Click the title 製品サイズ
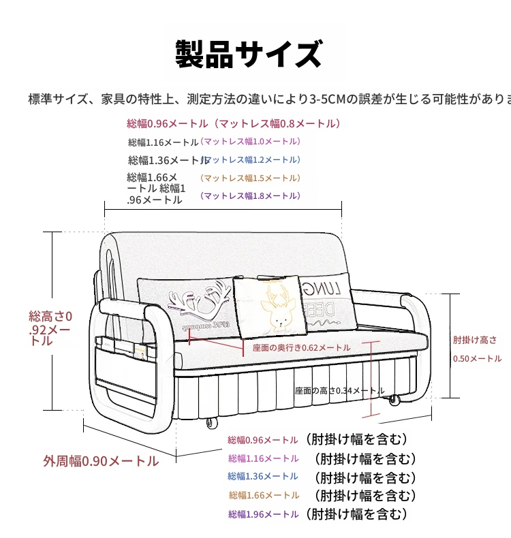[x=249, y=54]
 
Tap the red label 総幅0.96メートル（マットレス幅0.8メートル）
[x=233, y=124]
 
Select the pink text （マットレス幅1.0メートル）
[x=250, y=142]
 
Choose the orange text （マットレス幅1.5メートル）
[x=249, y=178]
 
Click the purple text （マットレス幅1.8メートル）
[x=249, y=195]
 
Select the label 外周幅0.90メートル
[x=101, y=461]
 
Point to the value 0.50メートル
[x=477, y=358]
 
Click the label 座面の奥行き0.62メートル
[x=301, y=347]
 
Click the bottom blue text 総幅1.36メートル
[x=263, y=477]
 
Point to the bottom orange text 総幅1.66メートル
[x=264, y=495]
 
